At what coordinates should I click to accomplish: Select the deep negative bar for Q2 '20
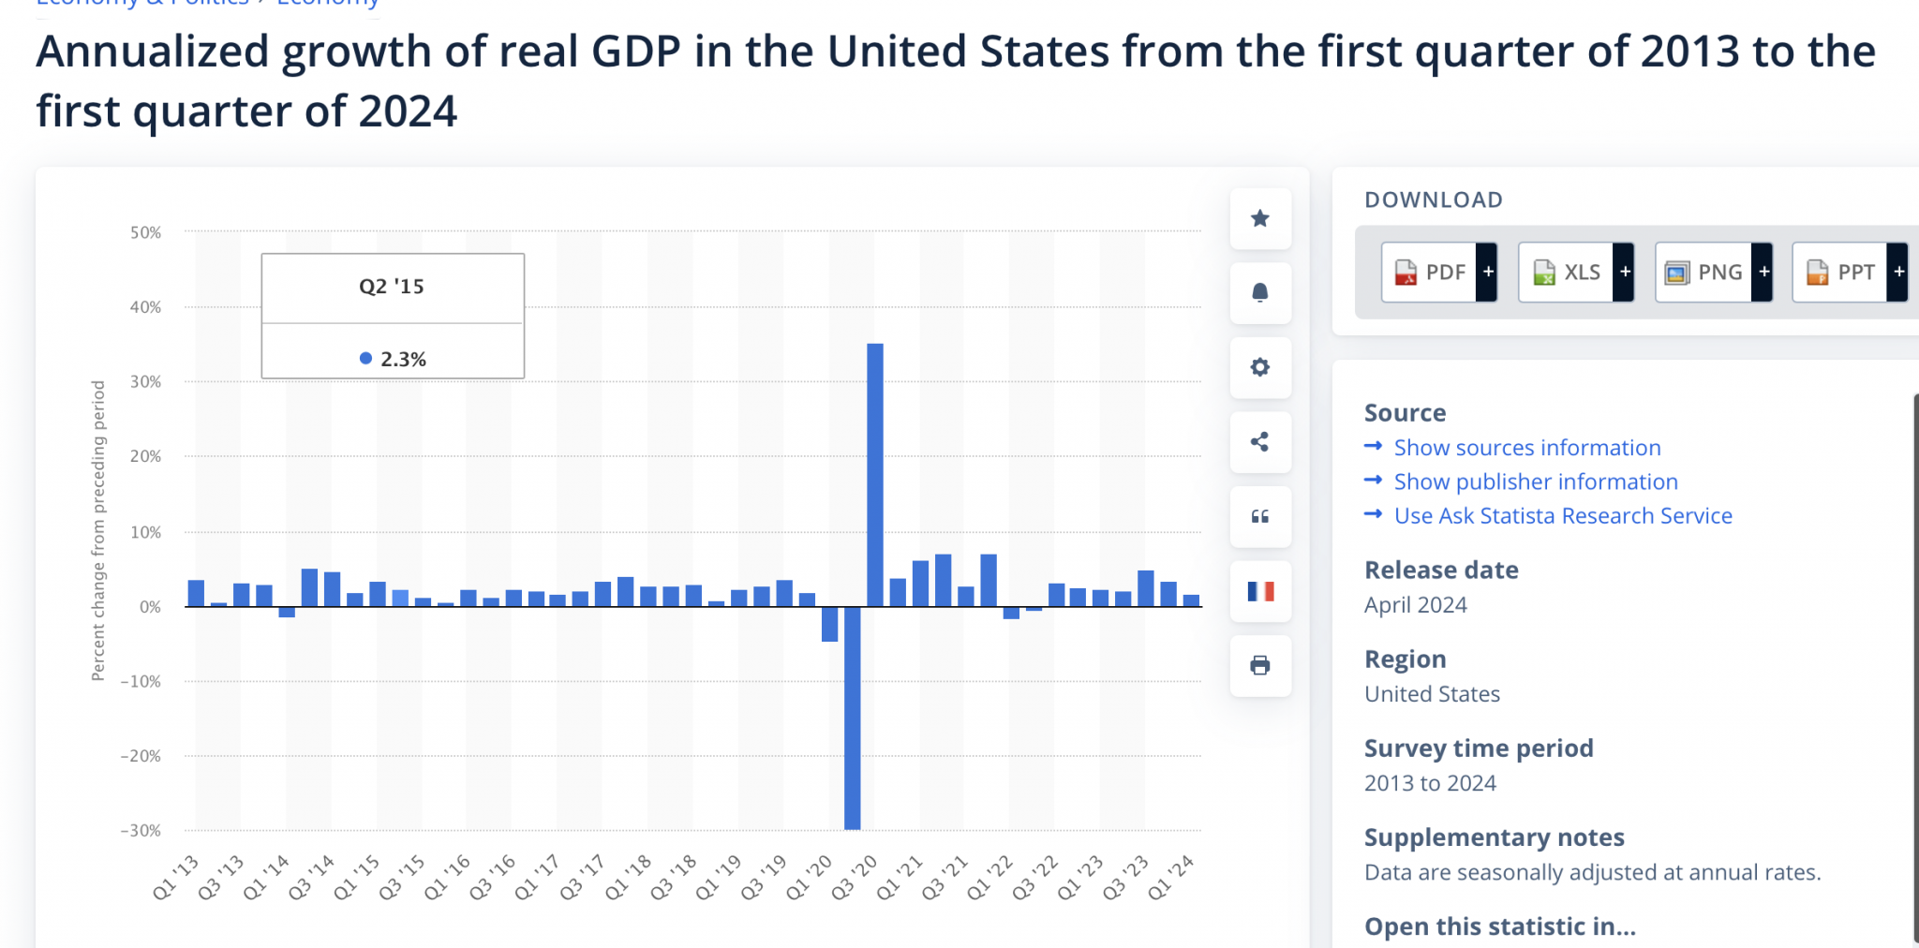click(852, 718)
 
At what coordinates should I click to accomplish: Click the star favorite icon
click(1260, 218)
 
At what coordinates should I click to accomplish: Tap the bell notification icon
click(1260, 293)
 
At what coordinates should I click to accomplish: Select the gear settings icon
click(1260, 367)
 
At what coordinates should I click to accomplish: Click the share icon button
click(1260, 442)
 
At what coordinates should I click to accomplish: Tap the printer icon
click(1260, 666)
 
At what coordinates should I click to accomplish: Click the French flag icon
click(1260, 591)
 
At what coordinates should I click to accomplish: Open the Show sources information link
click(1526, 448)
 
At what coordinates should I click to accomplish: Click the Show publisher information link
click(1535, 481)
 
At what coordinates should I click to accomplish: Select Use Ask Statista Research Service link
click(1562, 516)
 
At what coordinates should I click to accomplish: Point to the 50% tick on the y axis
click(145, 232)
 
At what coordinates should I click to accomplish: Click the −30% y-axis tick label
click(141, 831)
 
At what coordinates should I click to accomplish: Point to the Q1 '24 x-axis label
click(1171, 878)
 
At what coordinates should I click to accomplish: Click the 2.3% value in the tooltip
click(403, 360)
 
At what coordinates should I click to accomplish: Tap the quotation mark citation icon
click(1260, 517)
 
